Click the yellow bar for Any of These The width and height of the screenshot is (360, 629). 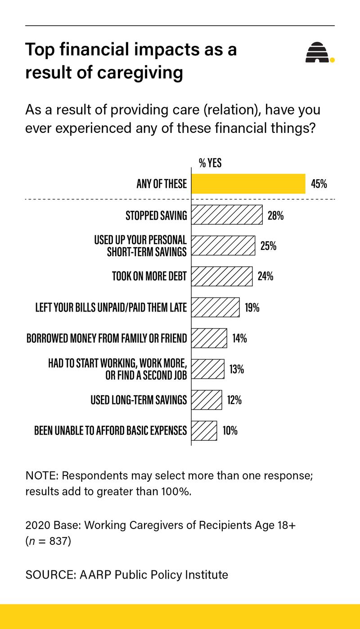[x=248, y=184]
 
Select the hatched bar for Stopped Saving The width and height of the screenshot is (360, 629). [x=227, y=215]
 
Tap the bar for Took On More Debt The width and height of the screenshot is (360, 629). [x=222, y=276]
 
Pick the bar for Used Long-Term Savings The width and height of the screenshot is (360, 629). [x=207, y=399]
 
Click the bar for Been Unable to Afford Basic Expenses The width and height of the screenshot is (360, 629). [x=204, y=430]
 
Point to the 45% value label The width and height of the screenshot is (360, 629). [x=319, y=184]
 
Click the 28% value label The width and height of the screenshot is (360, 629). [x=275, y=215]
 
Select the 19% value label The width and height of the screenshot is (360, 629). [x=252, y=308]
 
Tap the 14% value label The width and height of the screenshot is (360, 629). [x=239, y=338]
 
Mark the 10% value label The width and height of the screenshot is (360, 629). [x=230, y=430]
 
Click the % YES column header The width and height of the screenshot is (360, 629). [x=210, y=163]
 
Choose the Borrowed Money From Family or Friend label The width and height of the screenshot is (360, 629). [x=107, y=338]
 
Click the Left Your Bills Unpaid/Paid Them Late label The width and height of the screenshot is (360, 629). [x=111, y=308]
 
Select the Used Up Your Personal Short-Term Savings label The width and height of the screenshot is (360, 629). [x=140, y=245]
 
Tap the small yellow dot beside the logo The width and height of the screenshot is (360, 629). [x=333, y=59]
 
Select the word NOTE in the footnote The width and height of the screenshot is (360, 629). [x=40, y=476]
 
